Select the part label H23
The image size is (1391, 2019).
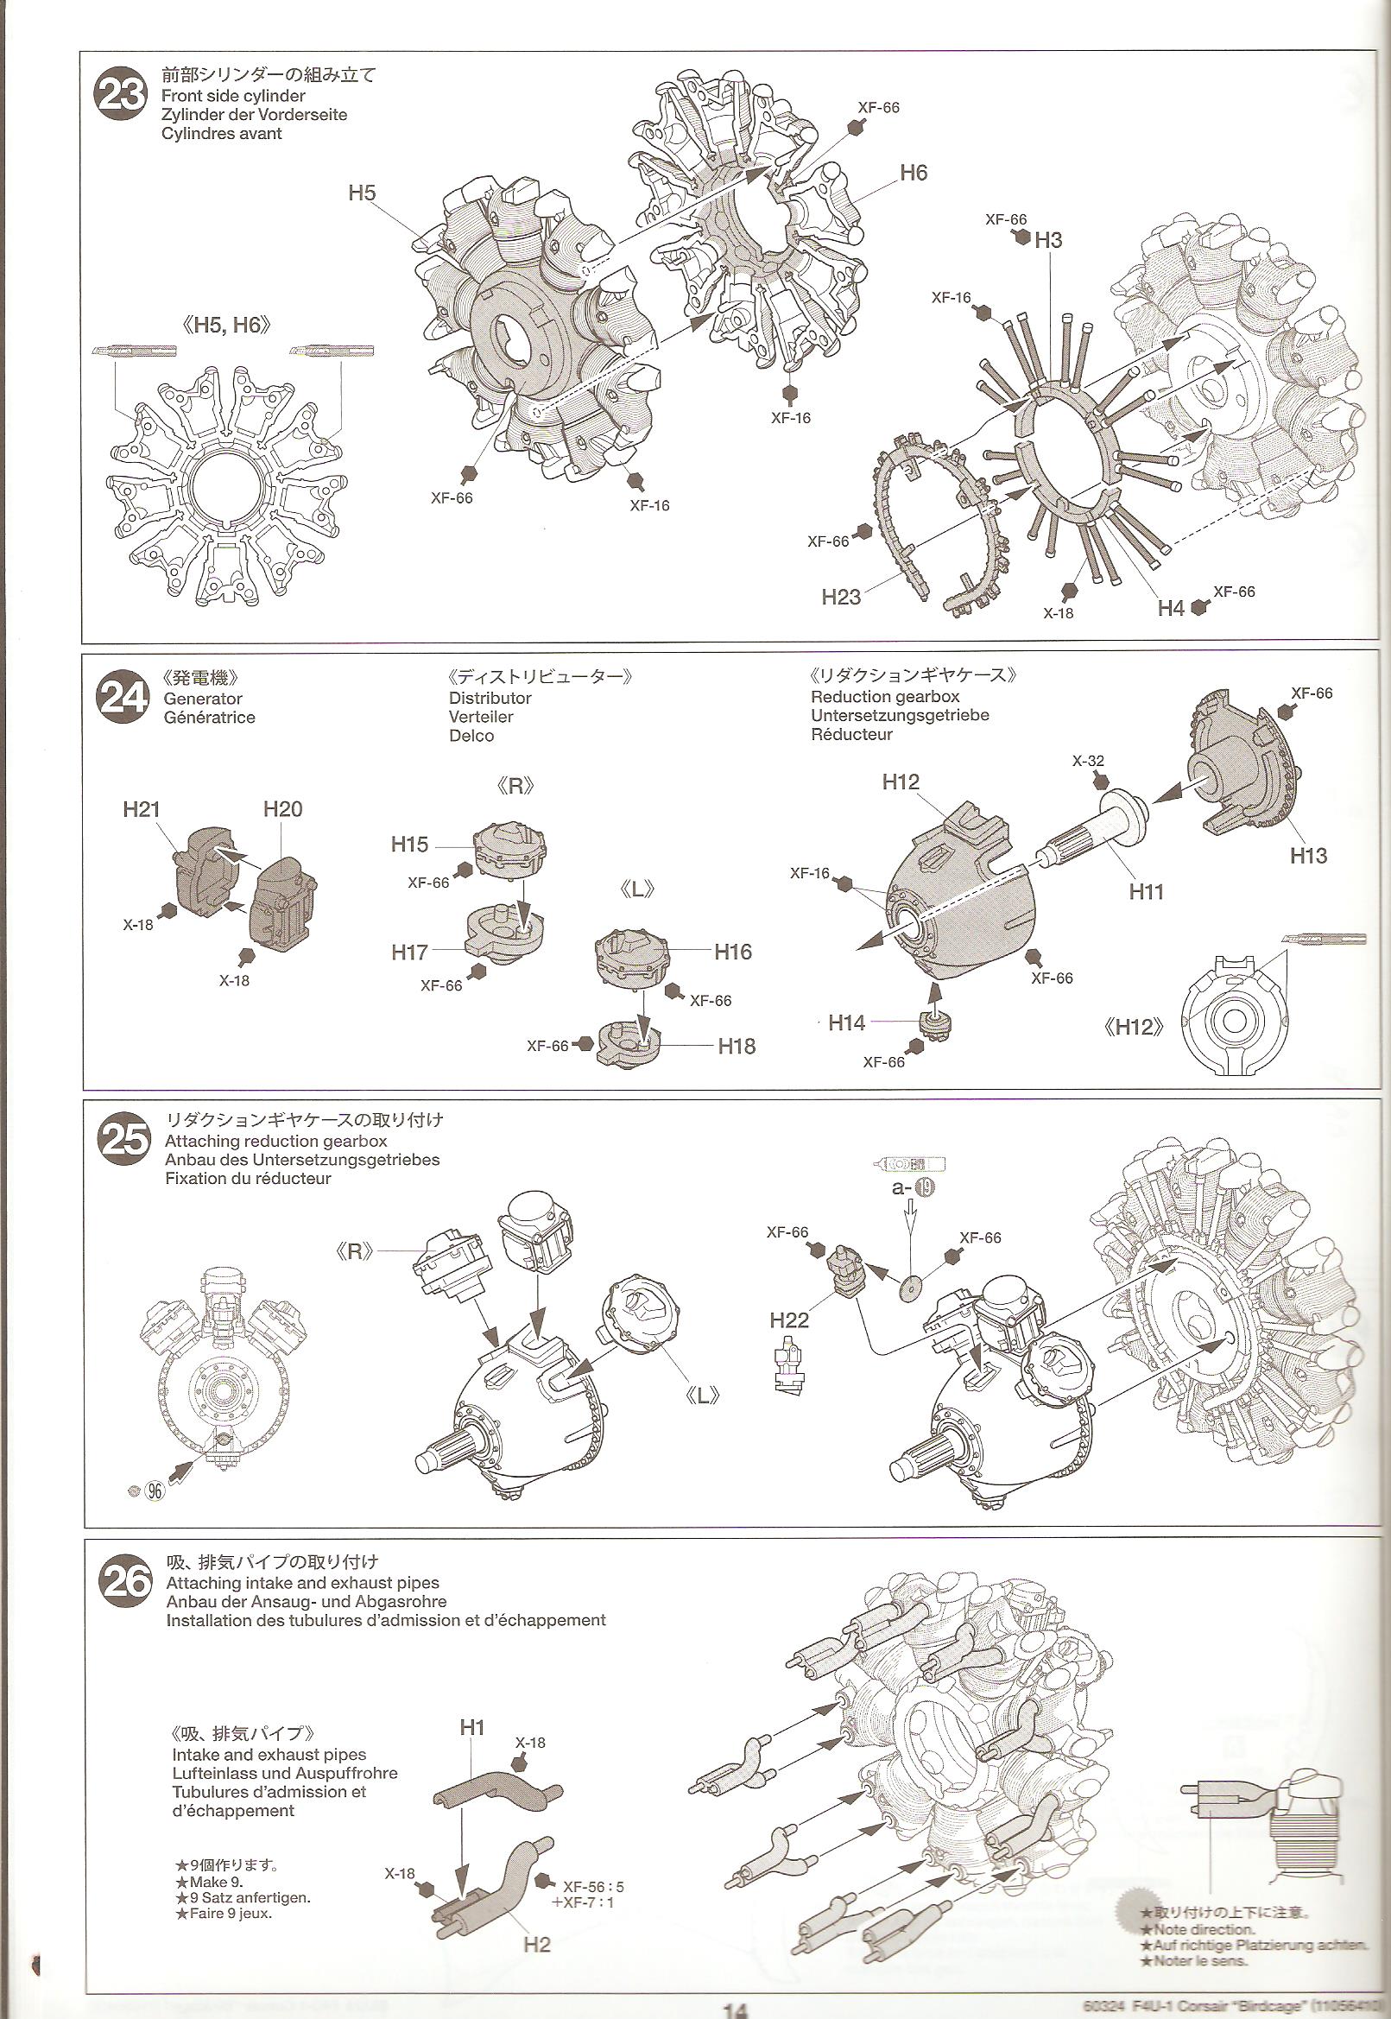tap(840, 598)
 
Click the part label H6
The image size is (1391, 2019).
tap(914, 173)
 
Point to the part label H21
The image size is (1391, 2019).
tap(142, 809)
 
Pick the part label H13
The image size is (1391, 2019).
tap(1307, 855)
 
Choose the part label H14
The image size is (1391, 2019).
tap(846, 1022)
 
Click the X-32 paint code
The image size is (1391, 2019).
tap(1088, 761)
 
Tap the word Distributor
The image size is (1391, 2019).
tap(490, 699)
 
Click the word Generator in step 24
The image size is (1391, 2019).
tap(203, 699)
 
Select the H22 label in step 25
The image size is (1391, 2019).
tap(789, 1320)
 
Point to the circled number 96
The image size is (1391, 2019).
tap(155, 1490)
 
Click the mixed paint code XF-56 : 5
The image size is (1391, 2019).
tap(593, 1807)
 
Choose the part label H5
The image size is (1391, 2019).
tap(362, 193)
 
